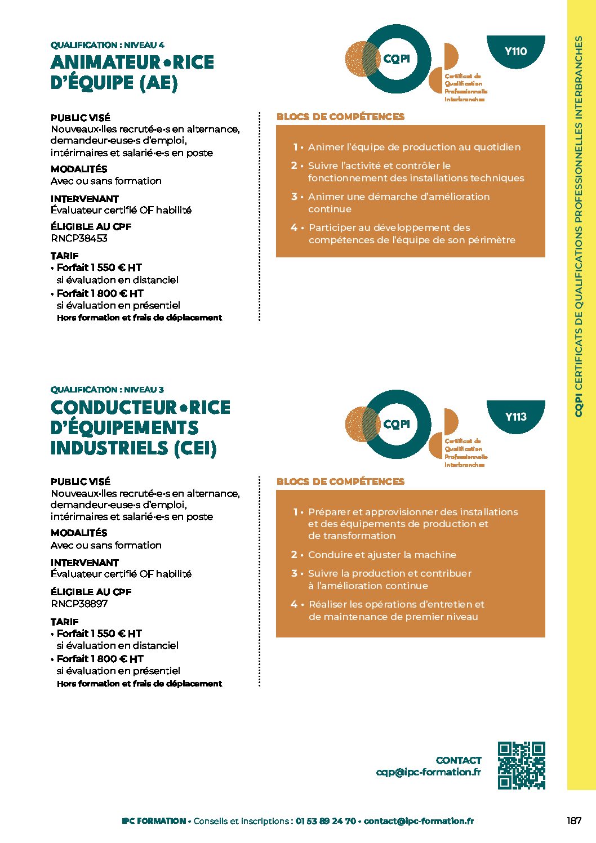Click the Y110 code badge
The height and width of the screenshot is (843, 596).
(x=515, y=51)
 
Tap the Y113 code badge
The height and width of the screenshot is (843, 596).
(x=515, y=417)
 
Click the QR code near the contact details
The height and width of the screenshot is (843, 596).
(x=521, y=765)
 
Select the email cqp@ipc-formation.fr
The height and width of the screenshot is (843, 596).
(x=428, y=772)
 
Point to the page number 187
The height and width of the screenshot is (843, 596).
(x=574, y=820)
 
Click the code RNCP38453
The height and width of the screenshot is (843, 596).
(x=79, y=238)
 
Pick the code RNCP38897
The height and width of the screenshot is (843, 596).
(x=79, y=604)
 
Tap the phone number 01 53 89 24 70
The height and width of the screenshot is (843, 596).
(x=326, y=821)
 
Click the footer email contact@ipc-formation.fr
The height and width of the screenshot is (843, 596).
(x=419, y=821)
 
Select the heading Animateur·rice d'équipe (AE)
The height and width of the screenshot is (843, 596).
(x=132, y=72)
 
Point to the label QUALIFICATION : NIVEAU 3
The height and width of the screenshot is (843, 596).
(x=107, y=390)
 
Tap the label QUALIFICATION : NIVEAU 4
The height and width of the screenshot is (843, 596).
(x=107, y=45)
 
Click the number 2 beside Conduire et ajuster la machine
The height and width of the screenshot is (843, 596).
(x=294, y=555)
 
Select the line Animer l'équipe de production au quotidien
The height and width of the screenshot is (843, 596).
(x=414, y=147)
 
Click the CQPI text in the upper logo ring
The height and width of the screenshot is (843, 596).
(x=397, y=59)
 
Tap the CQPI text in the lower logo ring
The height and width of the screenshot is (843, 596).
(x=397, y=424)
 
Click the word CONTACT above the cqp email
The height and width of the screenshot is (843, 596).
(x=459, y=760)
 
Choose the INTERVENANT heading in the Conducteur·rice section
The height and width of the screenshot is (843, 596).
(x=84, y=563)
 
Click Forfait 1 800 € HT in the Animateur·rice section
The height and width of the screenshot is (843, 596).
(x=100, y=293)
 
